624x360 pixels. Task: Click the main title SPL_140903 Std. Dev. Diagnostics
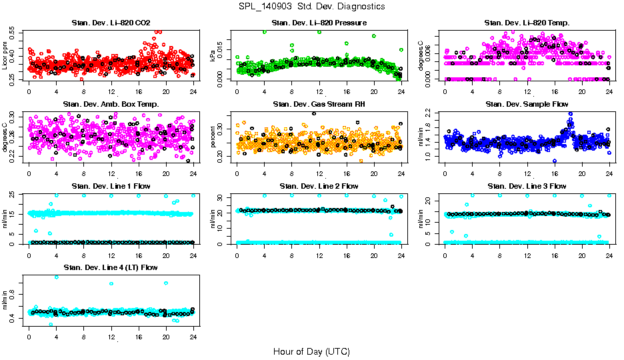pos(311,6)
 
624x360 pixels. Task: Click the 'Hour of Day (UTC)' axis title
pos(311,351)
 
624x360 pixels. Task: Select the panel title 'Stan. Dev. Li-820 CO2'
pos(111,23)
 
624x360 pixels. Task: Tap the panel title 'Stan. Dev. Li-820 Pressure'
pos(319,23)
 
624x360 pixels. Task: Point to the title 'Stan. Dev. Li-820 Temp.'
pos(527,23)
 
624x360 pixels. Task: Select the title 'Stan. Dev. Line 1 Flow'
pos(111,186)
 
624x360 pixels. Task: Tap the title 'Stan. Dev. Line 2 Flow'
pos(319,186)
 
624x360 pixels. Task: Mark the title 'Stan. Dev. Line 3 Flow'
pos(527,186)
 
